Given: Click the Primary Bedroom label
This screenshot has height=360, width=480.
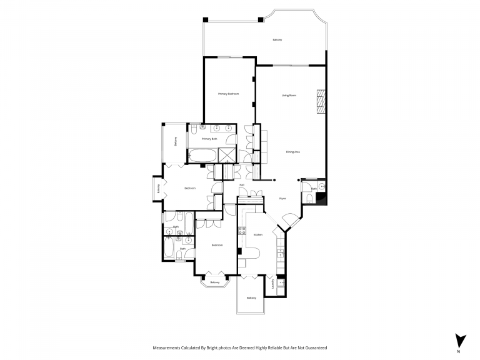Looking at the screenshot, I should (x=228, y=94).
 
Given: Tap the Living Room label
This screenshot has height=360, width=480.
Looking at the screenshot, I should (x=289, y=95).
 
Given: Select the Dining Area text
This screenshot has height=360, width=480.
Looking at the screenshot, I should (x=292, y=152).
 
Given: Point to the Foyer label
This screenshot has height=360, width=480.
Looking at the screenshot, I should (x=282, y=198).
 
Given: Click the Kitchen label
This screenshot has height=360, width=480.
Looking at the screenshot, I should (x=257, y=234).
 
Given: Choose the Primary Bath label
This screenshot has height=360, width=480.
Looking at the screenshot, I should (x=209, y=139).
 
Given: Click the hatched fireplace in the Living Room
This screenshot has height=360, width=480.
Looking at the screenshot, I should (x=321, y=102).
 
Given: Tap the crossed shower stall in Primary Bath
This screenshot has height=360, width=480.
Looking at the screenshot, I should (x=227, y=155).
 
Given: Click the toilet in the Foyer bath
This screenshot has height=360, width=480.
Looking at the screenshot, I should (x=309, y=199).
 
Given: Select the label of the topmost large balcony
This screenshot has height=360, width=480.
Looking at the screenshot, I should (x=277, y=40).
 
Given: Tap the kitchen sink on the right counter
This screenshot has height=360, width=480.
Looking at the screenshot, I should (x=281, y=254).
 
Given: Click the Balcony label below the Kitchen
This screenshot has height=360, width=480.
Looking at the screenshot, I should (x=251, y=297).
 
